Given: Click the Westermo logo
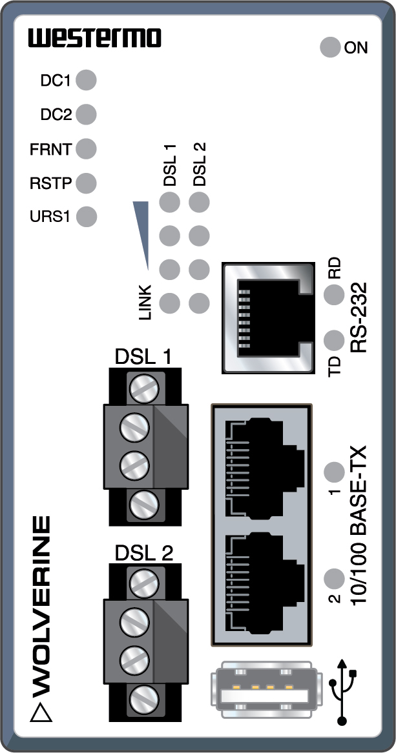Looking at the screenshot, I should click(94, 38).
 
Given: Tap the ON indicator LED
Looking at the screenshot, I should click(330, 47).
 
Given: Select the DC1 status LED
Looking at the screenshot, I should click(86, 81).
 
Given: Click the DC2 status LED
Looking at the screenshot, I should click(86, 115).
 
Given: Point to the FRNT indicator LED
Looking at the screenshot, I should click(86, 149).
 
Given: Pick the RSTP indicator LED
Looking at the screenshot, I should click(86, 183).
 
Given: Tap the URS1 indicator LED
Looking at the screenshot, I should click(86, 216).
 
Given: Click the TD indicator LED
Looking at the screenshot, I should click(333, 339).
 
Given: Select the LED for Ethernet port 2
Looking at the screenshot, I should click(333, 577).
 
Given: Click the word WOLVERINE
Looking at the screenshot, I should click(42, 599).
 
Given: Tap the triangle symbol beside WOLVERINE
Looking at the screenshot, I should click(42, 712).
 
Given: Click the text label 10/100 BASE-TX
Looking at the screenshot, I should click(359, 526).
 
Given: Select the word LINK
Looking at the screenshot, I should click(145, 302).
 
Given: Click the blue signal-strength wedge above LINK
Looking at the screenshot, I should click(142, 232).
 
